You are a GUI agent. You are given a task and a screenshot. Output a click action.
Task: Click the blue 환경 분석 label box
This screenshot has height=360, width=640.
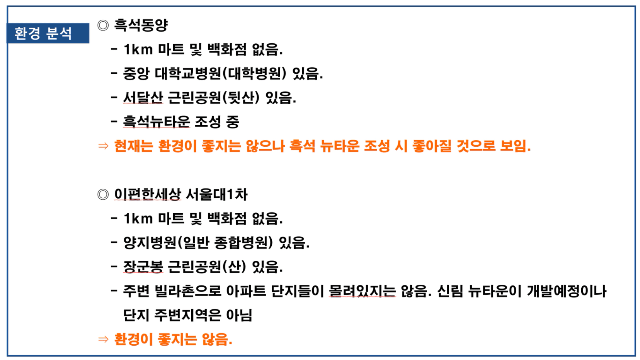[48, 33]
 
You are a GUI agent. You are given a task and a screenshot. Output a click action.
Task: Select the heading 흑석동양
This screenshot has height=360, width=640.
[141, 25]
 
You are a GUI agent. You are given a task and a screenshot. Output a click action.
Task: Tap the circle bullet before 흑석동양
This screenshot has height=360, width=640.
[103, 25]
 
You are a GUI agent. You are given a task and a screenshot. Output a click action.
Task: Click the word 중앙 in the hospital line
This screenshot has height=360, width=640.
[136, 74]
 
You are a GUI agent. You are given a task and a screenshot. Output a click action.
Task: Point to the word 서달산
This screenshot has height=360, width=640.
[143, 98]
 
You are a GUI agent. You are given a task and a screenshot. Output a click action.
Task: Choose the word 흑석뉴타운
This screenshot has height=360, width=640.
[157, 122]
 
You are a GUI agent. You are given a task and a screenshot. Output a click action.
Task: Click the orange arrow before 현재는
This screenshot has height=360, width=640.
[103, 146]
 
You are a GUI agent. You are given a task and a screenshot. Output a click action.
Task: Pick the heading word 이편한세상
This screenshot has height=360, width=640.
[147, 195]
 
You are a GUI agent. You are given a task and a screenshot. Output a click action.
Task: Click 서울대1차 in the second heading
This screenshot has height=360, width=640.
[217, 195]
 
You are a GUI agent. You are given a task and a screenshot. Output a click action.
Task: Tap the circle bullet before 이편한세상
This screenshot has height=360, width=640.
[103, 195]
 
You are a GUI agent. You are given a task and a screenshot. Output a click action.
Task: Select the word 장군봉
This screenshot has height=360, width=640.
[143, 267]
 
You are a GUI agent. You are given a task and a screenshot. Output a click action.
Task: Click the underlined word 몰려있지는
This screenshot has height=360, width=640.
[362, 291]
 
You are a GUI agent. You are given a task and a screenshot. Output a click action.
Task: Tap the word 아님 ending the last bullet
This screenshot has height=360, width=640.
[239, 315]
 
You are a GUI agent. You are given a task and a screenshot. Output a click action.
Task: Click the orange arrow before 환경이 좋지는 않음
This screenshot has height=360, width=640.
[103, 339]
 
